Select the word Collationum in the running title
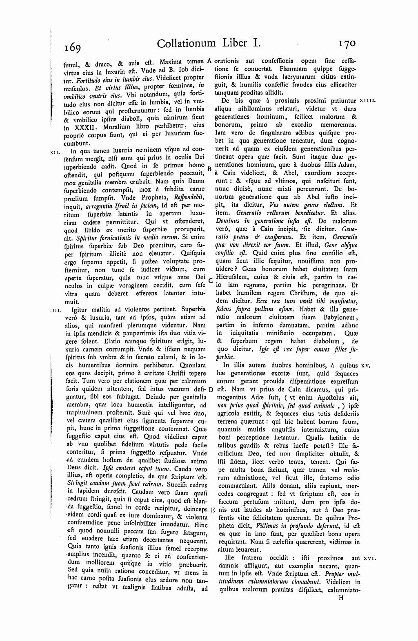[x=183, y=43]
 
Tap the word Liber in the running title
[x=236, y=43]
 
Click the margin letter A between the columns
[x=209, y=61]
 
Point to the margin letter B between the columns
[x=209, y=168]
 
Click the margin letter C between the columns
[x=210, y=281]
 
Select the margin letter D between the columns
[x=211, y=390]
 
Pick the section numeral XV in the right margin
[x=365, y=366]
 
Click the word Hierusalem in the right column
[x=232, y=277]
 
